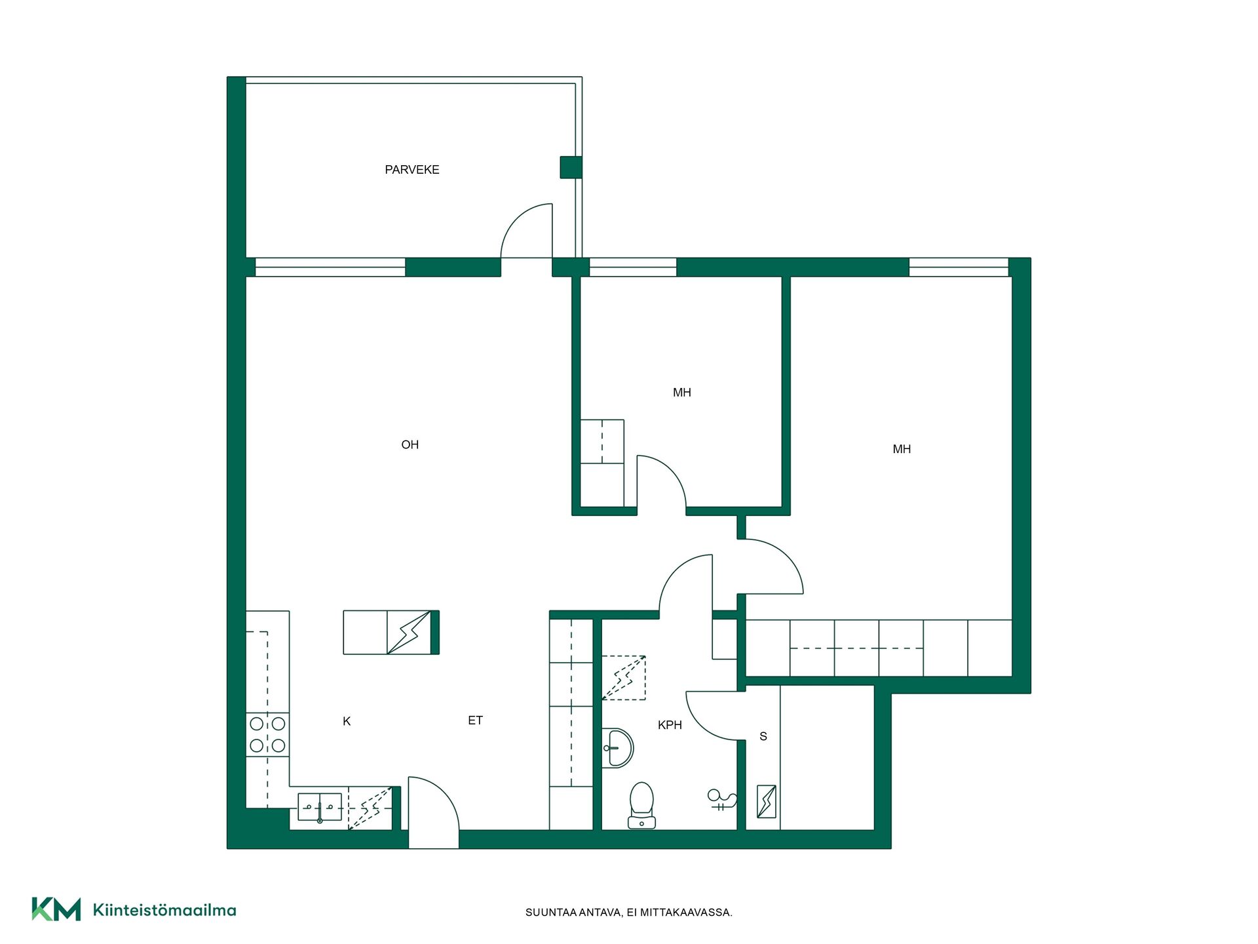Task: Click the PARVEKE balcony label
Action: point(411,170)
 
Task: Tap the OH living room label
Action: point(410,445)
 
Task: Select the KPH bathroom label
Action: point(670,725)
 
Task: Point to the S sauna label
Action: point(763,737)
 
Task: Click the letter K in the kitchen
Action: point(347,722)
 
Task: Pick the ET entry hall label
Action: point(475,720)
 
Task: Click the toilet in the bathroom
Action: point(641,805)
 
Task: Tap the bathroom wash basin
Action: point(617,748)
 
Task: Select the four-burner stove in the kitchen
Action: point(267,734)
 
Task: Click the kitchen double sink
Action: point(320,807)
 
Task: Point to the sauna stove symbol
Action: point(767,801)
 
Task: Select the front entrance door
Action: point(433,813)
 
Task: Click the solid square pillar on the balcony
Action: point(571,167)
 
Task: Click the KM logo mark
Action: point(56,909)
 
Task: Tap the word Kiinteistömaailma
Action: point(164,910)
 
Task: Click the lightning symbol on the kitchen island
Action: point(409,633)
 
